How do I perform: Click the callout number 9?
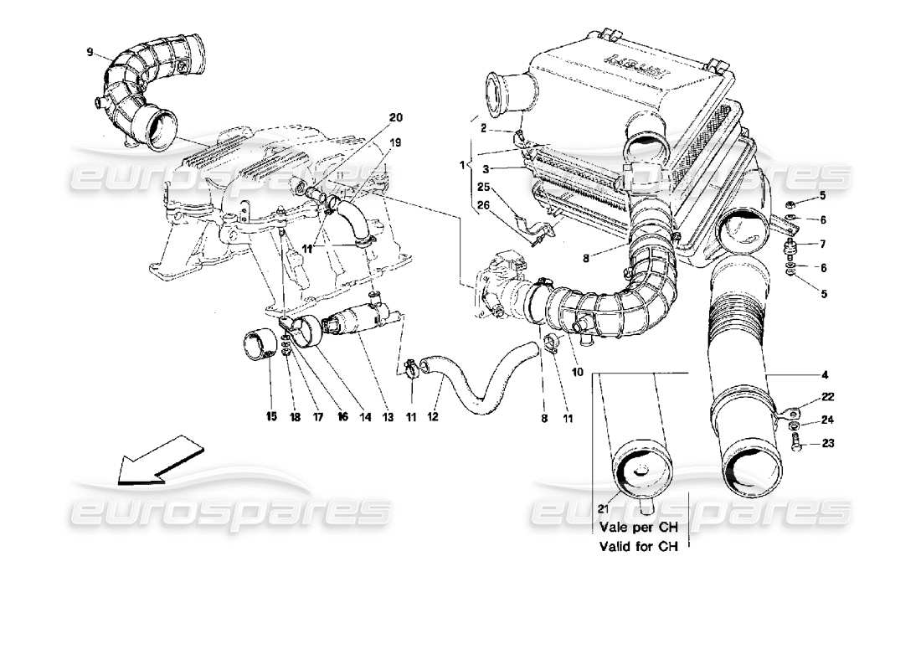click(x=89, y=52)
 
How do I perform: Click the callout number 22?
click(x=804, y=396)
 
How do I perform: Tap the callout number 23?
click(x=804, y=446)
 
